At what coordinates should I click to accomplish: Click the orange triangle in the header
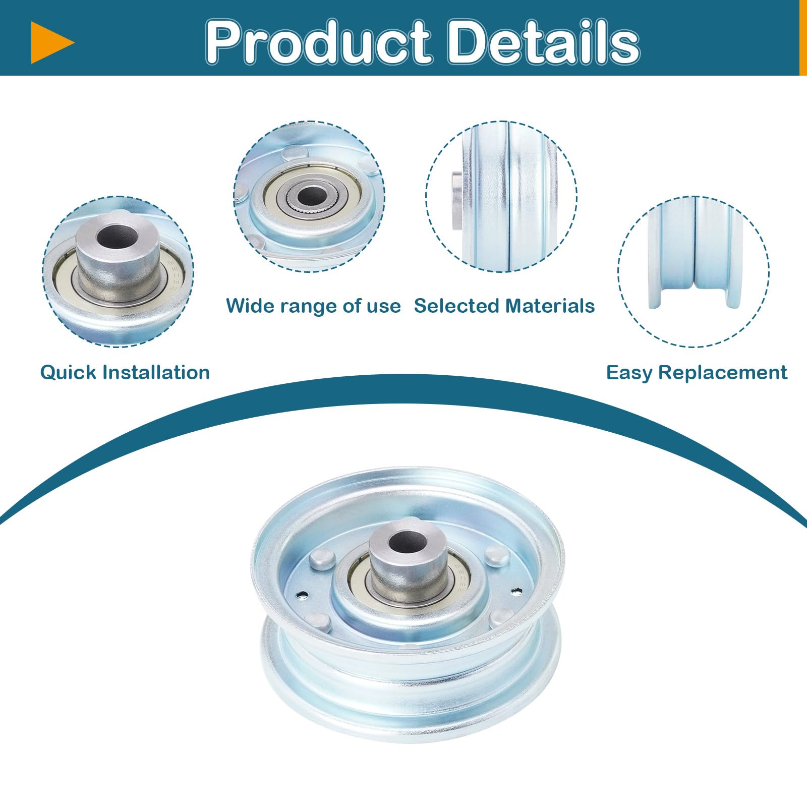50,43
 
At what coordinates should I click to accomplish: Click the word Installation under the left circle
156,373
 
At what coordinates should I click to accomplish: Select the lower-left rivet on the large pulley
317,621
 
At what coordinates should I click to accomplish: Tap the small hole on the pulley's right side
515,590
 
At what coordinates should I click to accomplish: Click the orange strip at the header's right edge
803,38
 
